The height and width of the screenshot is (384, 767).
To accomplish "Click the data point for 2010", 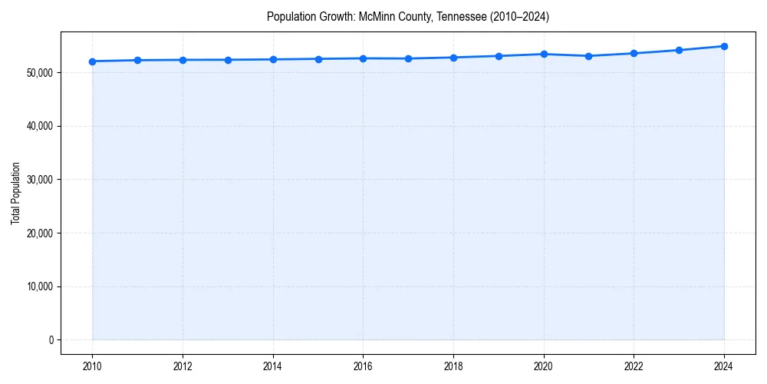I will click(93, 61).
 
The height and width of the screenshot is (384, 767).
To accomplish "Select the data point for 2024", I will click(724, 46).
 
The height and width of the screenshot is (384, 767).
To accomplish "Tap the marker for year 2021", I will click(588, 56).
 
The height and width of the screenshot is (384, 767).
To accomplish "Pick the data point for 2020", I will click(544, 54).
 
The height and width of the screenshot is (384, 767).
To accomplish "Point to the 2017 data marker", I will click(408, 58).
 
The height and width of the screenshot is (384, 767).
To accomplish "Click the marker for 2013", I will click(228, 60).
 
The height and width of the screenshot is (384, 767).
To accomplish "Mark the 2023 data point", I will click(679, 50).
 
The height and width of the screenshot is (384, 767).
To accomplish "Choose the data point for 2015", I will click(318, 59).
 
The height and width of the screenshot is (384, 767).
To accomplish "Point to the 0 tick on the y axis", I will click(50, 340).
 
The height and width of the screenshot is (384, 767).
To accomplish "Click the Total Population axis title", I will click(15, 193).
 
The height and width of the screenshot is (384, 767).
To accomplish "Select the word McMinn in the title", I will click(375, 17).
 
